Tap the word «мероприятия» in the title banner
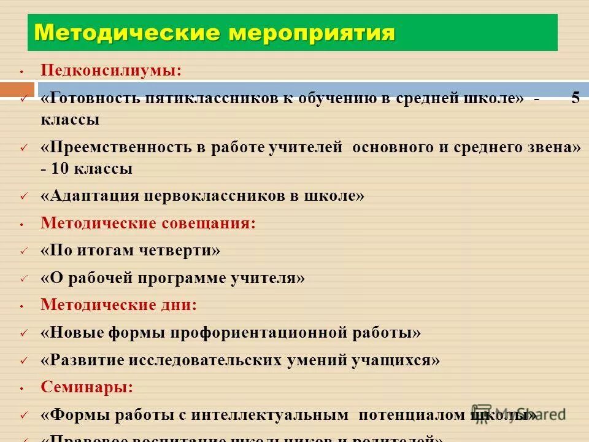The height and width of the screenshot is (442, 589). click(x=311, y=32)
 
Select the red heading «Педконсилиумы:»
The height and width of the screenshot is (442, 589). click(x=111, y=70)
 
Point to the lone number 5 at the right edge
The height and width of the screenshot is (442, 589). click(x=575, y=98)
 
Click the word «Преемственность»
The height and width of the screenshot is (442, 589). click(x=120, y=148)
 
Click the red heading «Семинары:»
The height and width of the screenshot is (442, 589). click(x=87, y=387)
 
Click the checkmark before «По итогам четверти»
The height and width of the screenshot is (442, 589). click(x=23, y=251)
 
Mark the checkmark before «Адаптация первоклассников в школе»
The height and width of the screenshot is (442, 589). click(x=23, y=196)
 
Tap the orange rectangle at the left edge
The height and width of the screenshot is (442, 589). click(x=17, y=90)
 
